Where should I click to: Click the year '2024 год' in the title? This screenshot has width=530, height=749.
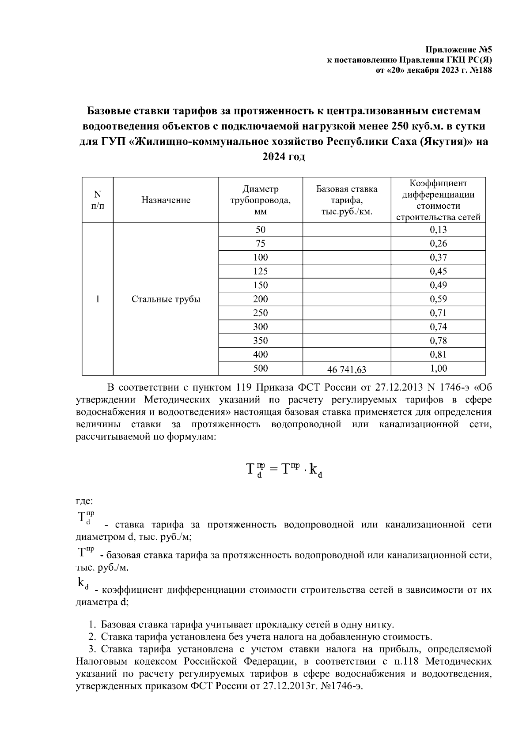(x=284, y=157)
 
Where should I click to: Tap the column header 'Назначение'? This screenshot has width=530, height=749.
(x=166, y=200)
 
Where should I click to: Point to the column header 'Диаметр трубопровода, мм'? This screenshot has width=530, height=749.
(x=261, y=200)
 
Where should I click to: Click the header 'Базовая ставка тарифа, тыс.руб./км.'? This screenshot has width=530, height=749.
(x=347, y=200)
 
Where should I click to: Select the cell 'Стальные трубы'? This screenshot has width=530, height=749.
(x=166, y=299)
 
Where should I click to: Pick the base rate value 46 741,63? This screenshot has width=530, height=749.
(x=347, y=369)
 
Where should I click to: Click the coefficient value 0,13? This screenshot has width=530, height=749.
(x=438, y=230)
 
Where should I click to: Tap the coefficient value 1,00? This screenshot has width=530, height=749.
(x=438, y=369)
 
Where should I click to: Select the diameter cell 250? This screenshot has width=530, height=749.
(x=261, y=313)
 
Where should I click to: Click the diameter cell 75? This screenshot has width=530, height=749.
(x=261, y=244)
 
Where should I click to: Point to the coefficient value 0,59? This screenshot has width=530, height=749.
(x=438, y=299)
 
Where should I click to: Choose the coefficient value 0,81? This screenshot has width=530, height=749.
(x=438, y=354)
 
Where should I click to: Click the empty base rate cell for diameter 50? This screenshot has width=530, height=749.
(x=347, y=230)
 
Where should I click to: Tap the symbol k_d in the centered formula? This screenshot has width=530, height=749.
(x=315, y=470)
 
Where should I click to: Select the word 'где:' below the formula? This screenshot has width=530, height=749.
(x=84, y=501)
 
